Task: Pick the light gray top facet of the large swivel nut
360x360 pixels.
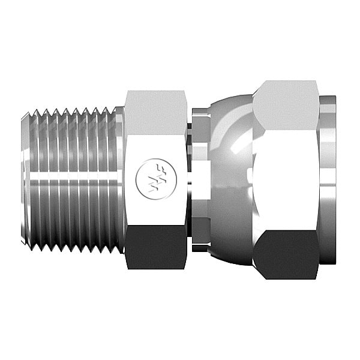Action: pyautogui.click(x=285, y=102)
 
